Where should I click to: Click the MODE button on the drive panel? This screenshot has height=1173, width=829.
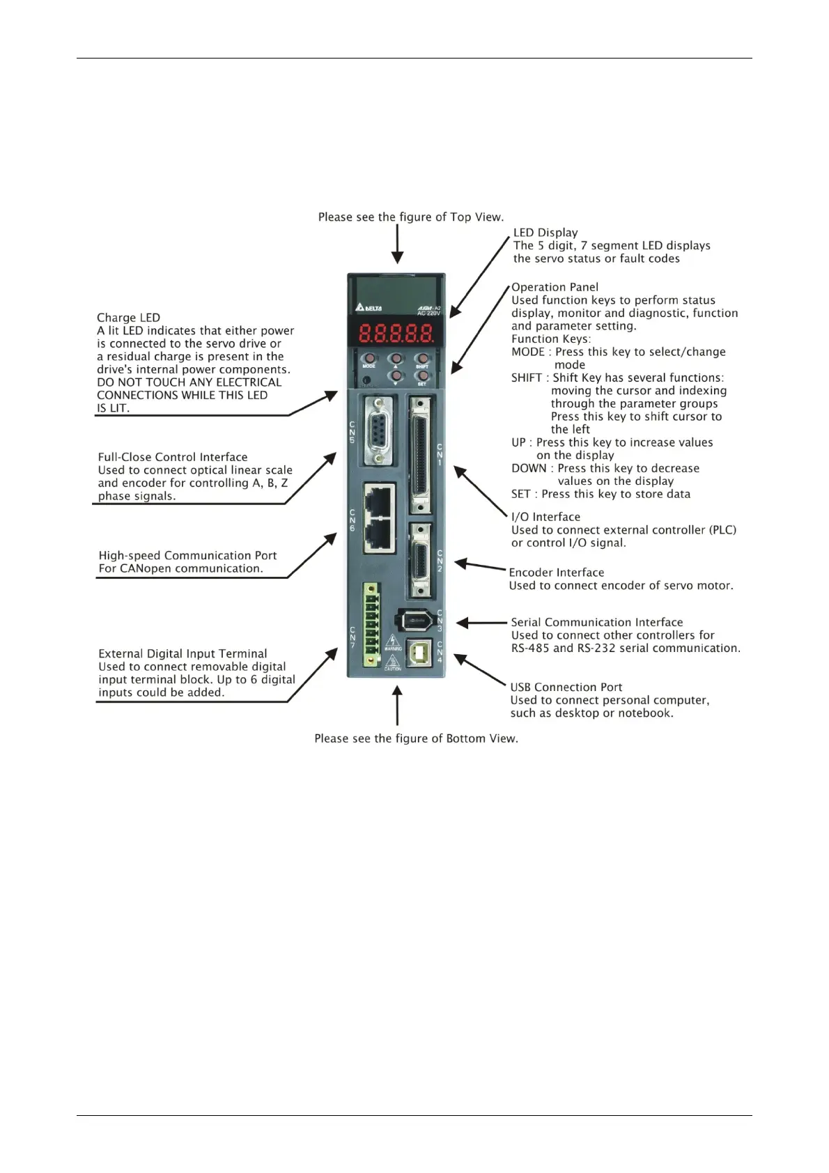(x=369, y=359)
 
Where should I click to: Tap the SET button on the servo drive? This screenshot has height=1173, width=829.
(x=421, y=376)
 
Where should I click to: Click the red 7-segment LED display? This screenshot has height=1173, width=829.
(x=396, y=334)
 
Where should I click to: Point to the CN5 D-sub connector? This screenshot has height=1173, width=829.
(x=378, y=430)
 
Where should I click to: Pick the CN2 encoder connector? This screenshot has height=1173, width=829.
(x=420, y=560)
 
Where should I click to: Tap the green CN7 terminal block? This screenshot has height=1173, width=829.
(x=371, y=625)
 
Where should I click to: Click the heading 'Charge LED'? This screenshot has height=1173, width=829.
(x=128, y=318)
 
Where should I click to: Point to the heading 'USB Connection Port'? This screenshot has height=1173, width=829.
(x=566, y=688)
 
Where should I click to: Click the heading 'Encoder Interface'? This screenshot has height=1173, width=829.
(x=556, y=573)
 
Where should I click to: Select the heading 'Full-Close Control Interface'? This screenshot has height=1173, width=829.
(x=173, y=458)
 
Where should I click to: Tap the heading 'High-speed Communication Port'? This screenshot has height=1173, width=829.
(x=187, y=556)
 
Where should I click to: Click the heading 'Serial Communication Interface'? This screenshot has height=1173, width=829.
(x=596, y=623)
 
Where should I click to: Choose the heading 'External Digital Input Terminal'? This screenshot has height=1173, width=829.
(x=183, y=654)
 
